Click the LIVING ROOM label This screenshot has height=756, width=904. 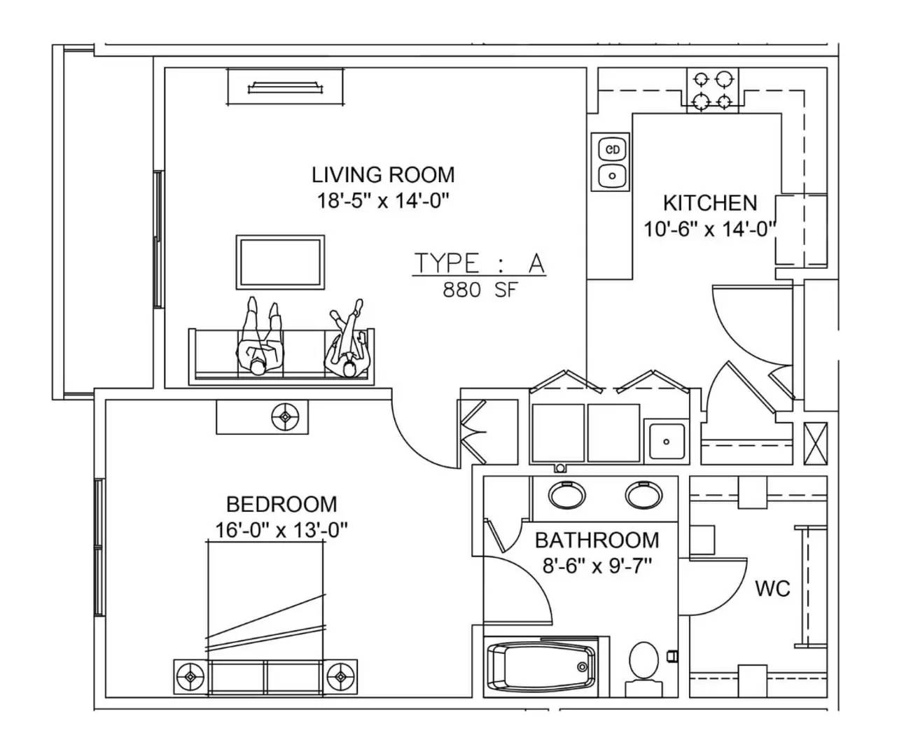[383, 175]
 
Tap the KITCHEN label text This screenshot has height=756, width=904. [710, 204]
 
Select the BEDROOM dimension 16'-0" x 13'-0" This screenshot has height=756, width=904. [281, 530]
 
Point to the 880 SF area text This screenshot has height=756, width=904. [480, 290]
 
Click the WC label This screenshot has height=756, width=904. [772, 589]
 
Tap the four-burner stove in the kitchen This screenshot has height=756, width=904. [712, 90]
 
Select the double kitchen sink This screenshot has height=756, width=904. [611, 162]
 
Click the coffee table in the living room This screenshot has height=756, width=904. [280, 262]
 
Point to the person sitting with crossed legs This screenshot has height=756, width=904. [349, 339]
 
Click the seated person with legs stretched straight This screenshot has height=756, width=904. [260, 336]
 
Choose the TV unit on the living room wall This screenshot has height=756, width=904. [285, 87]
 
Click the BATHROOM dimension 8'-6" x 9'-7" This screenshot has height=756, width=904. [597, 566]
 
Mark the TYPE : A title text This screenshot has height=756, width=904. [480, 263]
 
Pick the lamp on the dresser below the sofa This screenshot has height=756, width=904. [285, 416]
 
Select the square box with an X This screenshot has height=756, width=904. [816, 444]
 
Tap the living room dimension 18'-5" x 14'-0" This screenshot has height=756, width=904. [383, 201]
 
